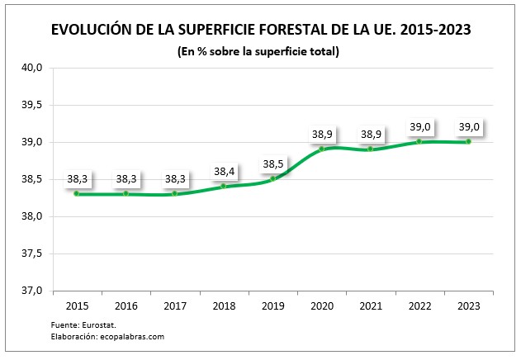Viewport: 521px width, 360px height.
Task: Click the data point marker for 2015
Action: tap(77, 193)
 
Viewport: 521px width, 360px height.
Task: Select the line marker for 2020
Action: tap(321, 149)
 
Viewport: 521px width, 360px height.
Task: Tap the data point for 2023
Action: tap(468, 141)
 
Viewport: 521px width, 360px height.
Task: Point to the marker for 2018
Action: tap(224, 186)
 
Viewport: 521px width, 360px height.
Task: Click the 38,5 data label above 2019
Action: tap(272, 163)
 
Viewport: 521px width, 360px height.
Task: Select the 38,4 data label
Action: tap(224, 171)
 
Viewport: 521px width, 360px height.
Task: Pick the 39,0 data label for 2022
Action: tap(419, 126)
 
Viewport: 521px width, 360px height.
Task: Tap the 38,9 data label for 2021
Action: tap(370, 134)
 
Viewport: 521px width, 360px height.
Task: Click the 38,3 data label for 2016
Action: tap(126, 178)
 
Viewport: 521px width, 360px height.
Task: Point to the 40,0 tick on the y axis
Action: tap(32, 68)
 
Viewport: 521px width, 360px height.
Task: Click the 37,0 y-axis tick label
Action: tap(32, 291)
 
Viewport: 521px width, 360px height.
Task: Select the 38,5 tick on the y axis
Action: tap(32, 179)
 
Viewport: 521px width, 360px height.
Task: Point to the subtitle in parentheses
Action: tap(258, 51)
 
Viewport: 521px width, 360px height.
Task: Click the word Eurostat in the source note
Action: tap(97, 325)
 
